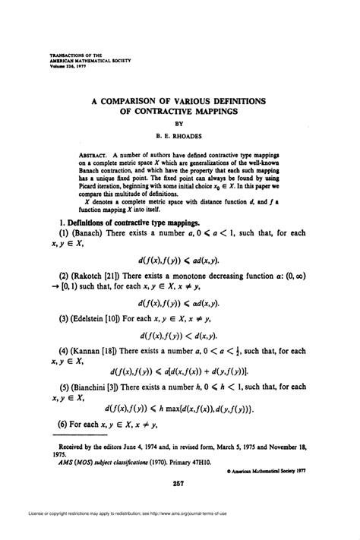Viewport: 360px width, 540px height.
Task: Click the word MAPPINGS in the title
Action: (207, 110)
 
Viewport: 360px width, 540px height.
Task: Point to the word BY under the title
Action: (180, 124)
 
